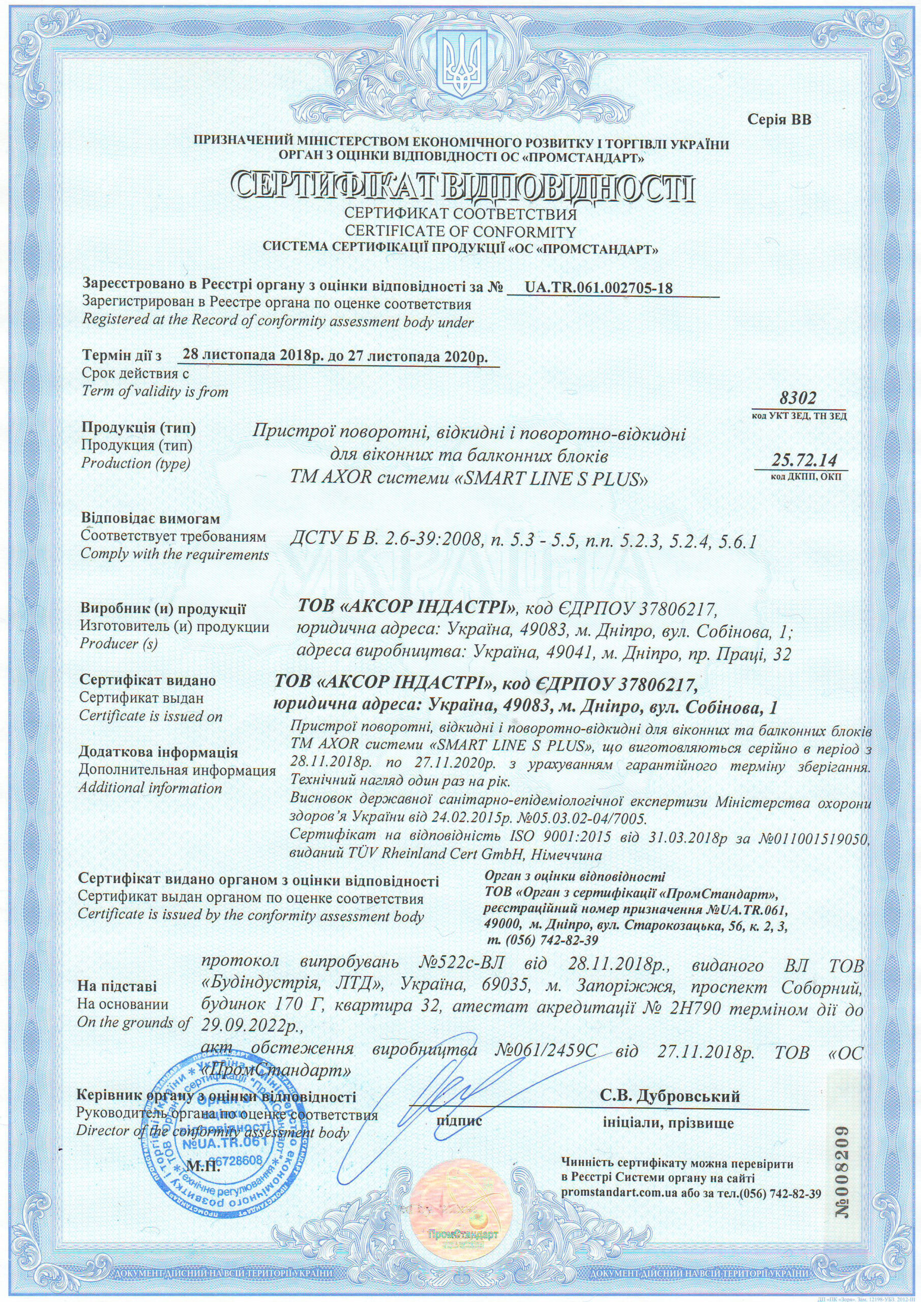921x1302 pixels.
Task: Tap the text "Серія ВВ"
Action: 780,120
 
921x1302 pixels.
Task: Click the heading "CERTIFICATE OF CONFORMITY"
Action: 461,232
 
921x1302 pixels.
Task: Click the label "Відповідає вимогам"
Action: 151,519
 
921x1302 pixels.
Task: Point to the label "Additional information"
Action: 151,788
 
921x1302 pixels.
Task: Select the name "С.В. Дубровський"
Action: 671,1096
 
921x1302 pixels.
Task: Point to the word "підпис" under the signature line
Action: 459,1121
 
